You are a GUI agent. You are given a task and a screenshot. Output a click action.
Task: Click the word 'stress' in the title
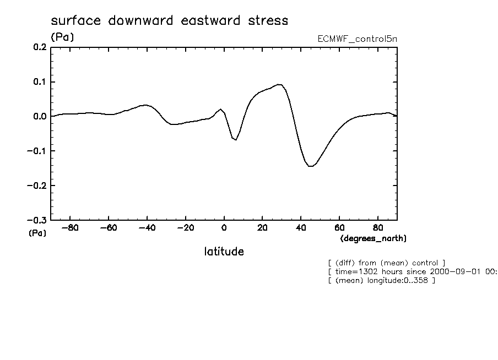268,21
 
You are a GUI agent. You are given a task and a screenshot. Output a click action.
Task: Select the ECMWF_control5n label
356,39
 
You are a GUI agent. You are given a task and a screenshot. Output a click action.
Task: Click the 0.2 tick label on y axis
39,47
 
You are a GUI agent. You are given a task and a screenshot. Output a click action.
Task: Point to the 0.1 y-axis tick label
39,82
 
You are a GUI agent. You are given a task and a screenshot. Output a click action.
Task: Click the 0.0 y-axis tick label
39,117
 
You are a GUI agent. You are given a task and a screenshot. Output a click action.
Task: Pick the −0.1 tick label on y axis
36,151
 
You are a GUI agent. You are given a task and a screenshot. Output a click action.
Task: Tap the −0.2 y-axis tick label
36,186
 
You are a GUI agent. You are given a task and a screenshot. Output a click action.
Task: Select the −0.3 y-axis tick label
36,220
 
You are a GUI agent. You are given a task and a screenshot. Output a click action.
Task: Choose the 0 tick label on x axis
224,228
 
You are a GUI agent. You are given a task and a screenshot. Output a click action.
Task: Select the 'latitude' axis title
224,252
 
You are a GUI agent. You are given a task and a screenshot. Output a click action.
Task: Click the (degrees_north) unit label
373,238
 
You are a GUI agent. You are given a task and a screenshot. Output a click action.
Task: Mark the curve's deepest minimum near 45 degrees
311,166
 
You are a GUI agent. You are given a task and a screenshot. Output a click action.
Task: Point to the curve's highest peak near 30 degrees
280,84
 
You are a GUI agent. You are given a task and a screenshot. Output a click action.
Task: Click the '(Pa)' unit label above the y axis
62,37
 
